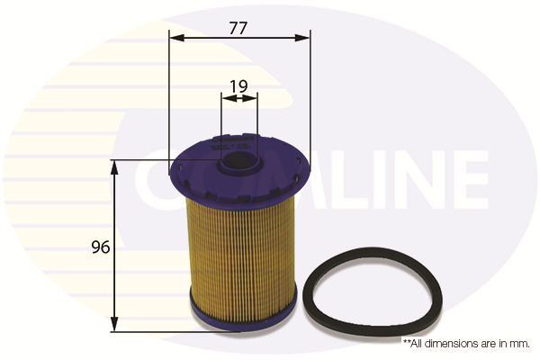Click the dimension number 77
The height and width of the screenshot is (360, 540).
238,27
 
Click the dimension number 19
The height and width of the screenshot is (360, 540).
238,86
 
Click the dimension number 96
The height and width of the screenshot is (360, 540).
100,247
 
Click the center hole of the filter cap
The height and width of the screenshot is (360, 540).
238,164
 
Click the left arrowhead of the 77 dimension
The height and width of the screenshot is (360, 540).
175,38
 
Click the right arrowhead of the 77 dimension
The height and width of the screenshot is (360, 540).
303,38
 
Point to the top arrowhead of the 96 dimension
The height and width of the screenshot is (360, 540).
114,167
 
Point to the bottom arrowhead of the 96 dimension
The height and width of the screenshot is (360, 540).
114,325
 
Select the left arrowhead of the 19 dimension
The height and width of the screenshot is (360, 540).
225,99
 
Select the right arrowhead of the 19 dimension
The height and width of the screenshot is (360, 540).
253,99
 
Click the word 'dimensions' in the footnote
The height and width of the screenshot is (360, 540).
454,343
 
